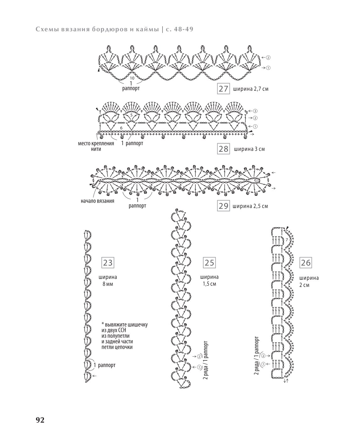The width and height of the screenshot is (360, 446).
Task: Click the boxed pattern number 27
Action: (223, 89)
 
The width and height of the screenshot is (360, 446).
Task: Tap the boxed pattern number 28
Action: (223, 149)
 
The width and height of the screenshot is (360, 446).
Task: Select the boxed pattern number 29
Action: (223, 206)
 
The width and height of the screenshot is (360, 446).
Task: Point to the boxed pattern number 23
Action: (108, 263)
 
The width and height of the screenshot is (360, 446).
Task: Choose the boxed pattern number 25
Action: (209, 263)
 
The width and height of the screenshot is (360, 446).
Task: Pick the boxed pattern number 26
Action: (306, 263)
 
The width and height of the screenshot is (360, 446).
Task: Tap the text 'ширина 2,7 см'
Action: (251, 89)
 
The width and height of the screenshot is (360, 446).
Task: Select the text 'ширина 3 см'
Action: (249, 149)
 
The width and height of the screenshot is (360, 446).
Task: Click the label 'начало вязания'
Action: (97, 201)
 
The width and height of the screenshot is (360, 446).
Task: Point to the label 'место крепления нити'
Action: (96, 146)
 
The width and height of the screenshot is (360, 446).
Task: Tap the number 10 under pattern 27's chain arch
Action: (132, 78)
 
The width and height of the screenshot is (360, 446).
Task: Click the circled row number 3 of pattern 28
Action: (255, 111)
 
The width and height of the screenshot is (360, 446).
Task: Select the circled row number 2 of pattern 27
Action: (268, 57)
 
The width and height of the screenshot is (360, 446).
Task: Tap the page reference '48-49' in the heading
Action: (183, 29)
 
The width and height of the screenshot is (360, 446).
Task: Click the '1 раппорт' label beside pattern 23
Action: (104, 365)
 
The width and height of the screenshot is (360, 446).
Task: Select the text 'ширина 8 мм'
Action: (108, 280)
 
